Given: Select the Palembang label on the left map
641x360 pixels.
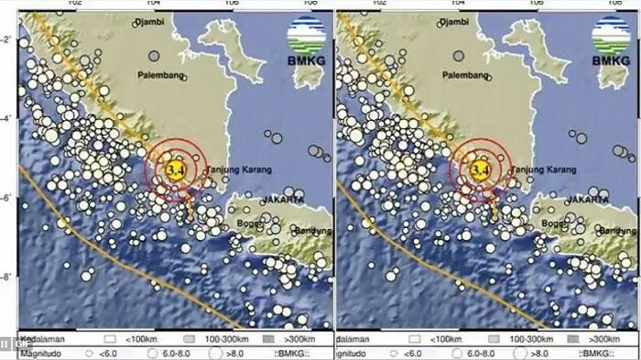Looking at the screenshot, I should coord(163,75).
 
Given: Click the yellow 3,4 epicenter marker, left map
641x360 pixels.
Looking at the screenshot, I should coord(175,169).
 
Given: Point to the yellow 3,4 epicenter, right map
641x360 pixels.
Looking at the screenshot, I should coord(479,169).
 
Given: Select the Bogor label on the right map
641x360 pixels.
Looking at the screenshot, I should coord(552,221).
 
